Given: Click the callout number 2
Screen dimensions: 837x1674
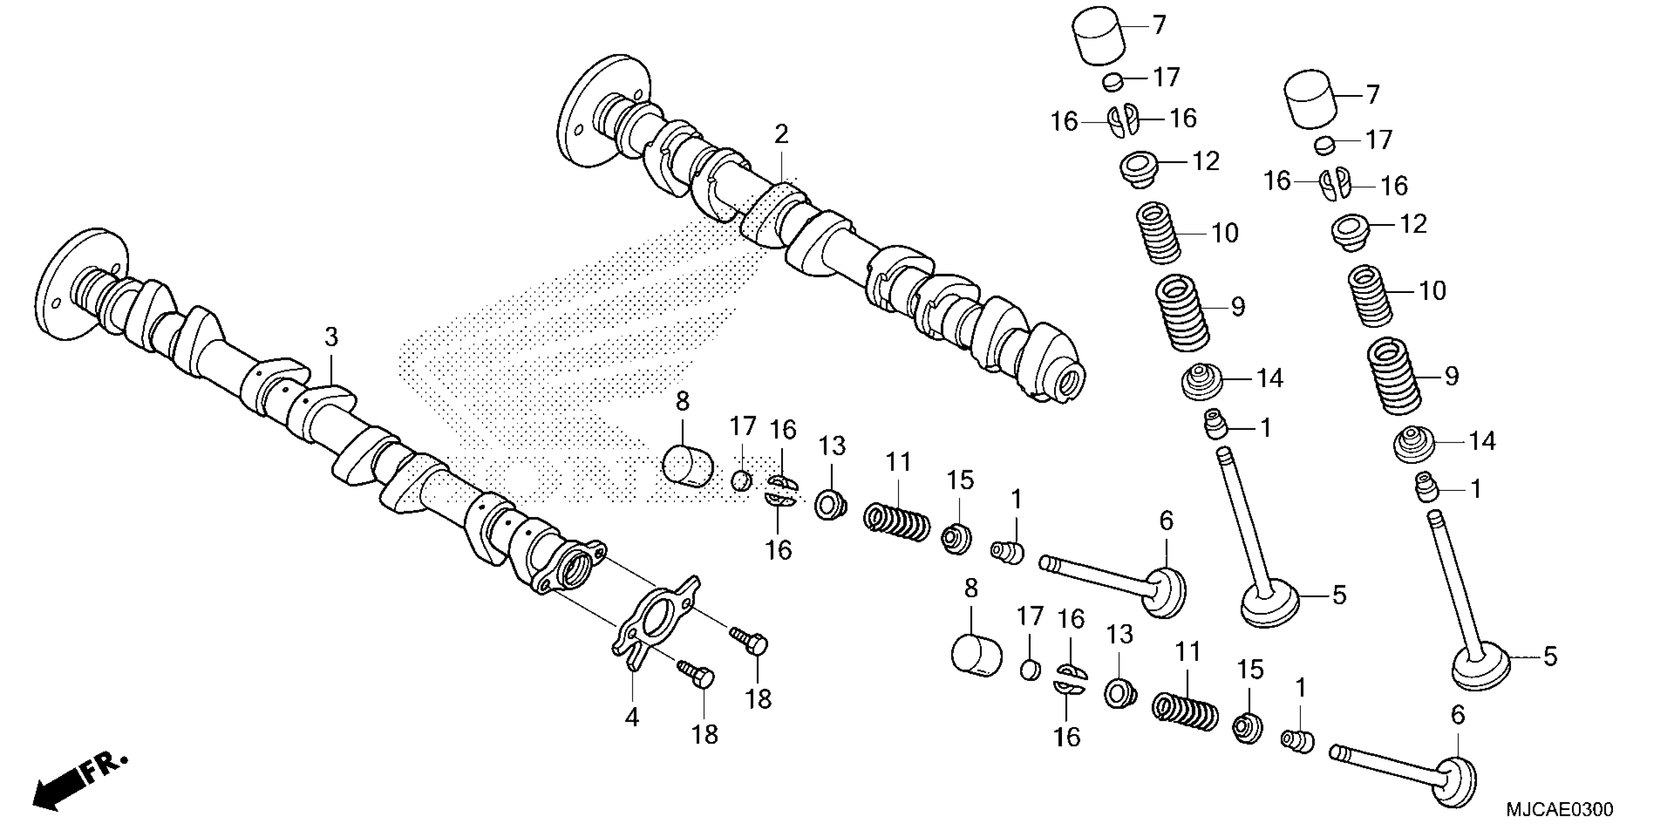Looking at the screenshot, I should (x=781, y=134).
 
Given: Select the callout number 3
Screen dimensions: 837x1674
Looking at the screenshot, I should (x=331, y=337).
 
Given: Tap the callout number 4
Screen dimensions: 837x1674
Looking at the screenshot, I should (x=632, y=717).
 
